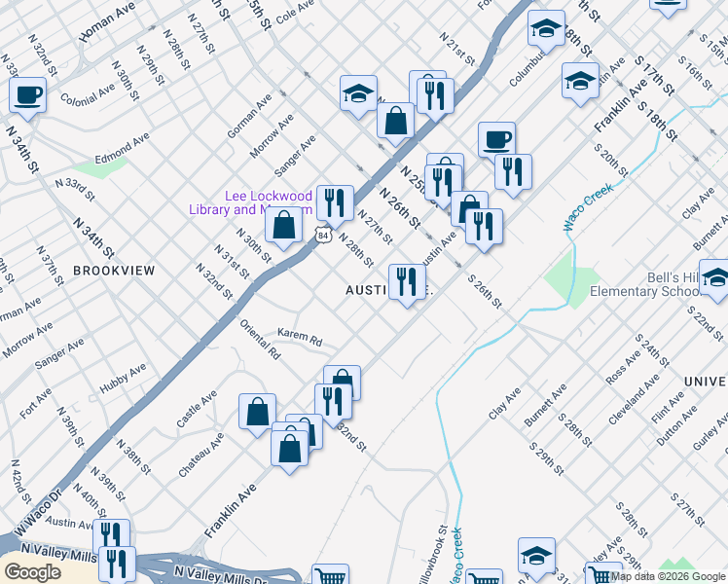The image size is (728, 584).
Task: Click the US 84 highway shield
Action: [x=324, y=235]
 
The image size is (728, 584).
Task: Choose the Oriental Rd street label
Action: [x=261, y=340]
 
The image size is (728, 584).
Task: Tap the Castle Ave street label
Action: [x=197, y=410]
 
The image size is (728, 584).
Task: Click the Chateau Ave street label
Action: [x=201, y=454]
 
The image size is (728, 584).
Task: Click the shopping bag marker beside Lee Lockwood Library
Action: [x=282, y=226]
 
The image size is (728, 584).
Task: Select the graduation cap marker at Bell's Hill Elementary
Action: [x=713, y=279]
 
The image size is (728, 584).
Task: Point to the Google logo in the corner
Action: [x=32, y=571]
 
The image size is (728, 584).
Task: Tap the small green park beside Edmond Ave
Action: [x=94, y=167]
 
